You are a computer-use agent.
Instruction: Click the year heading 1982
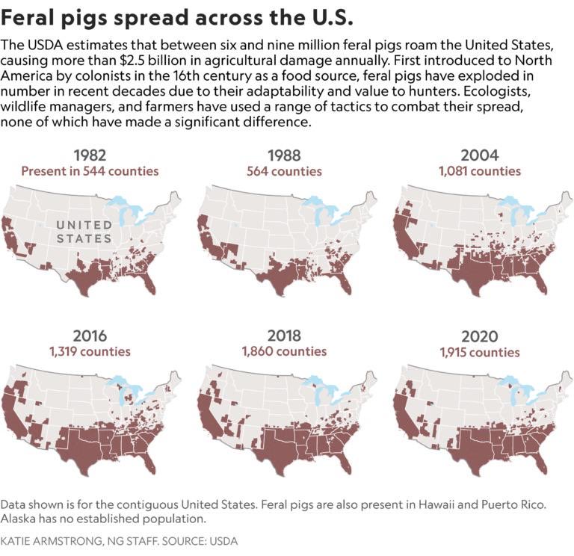[90, 155]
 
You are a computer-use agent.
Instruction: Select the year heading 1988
[284, 155]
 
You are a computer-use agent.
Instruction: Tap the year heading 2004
[480, 155]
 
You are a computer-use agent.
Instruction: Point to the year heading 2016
[90, 336]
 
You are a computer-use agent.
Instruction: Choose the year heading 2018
[284, 336]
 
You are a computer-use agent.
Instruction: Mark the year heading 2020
[480, 336]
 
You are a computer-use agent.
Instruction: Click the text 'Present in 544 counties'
[90, 171]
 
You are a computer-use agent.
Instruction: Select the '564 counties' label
[284, 171]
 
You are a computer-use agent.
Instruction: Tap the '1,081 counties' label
[480, 171]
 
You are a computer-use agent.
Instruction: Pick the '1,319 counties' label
[90, 351]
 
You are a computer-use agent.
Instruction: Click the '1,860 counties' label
[284, 351]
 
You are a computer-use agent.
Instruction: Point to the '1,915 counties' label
[480, 351]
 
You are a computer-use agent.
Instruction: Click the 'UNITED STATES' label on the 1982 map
[84, 232]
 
